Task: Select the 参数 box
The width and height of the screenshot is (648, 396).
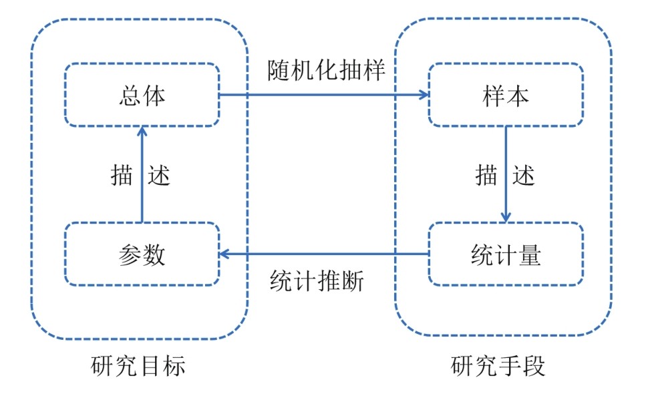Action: (x=142, y=254)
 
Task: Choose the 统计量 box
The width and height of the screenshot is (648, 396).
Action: (x=506, y=254)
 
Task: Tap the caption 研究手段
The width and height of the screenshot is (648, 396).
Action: (x=498, y=366)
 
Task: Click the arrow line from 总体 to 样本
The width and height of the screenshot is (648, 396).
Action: (x=321, y=95)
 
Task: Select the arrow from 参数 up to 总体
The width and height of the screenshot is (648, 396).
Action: (x=141, y=177)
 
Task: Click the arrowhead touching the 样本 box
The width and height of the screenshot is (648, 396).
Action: (x=423, y=95)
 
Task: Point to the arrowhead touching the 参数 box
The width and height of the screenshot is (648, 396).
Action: (x=226, y=254)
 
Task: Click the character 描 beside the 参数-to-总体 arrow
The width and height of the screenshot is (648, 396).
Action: (x=122, y=175)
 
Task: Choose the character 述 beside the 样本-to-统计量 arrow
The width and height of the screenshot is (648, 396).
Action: (x=524, y=175)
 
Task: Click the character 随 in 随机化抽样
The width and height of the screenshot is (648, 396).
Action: (x=279, y=70)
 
